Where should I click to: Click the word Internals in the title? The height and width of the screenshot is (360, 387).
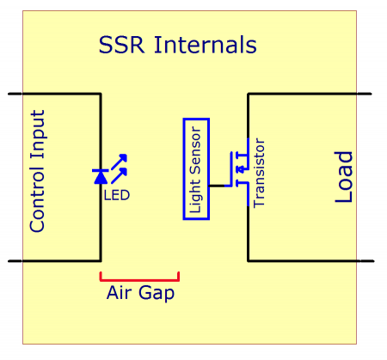[x=205, y=45]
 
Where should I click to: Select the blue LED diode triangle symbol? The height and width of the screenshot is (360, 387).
[x=101, y=176]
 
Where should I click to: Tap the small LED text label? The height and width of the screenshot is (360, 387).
[x=116, y=195]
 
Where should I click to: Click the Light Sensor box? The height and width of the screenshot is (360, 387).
[x=196, y=168]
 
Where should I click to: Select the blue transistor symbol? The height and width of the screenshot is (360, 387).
[x=242, y=168]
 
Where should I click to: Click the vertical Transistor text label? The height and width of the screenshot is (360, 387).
[x=260, y=172]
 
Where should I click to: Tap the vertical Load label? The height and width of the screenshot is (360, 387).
[x=343, y=177]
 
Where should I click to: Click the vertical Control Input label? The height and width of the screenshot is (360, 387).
[x=37, y=170]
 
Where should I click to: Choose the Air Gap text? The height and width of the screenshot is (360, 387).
[x=140, y=293]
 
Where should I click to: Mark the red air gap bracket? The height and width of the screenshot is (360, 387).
[x=139, y=278]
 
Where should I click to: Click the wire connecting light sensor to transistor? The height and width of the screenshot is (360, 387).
[x=219, y=185]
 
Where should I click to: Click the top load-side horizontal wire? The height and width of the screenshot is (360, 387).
[x=310, y=93]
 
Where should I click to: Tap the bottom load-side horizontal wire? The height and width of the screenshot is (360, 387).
[x=310, y=259]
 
